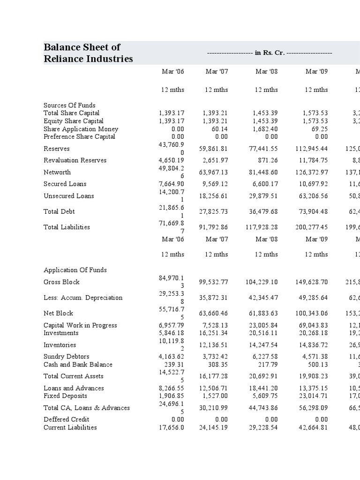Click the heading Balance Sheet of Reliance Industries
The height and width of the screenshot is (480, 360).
[88, 53]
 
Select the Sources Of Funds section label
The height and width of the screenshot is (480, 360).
[69, 105]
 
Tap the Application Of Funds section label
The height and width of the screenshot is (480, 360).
[75, 270]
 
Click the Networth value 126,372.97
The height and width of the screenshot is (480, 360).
[310, 172]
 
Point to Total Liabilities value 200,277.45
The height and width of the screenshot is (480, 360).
[310, 227]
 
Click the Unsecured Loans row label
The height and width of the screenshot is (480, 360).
[68, 196]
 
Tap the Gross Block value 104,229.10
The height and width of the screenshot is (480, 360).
[262, 282]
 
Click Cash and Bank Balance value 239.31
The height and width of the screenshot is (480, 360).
[174, 364]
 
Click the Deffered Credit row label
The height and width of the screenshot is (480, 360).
[66, 419]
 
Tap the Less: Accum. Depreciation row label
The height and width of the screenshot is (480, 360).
[83, 298]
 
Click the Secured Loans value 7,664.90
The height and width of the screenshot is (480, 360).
[172, 184]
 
